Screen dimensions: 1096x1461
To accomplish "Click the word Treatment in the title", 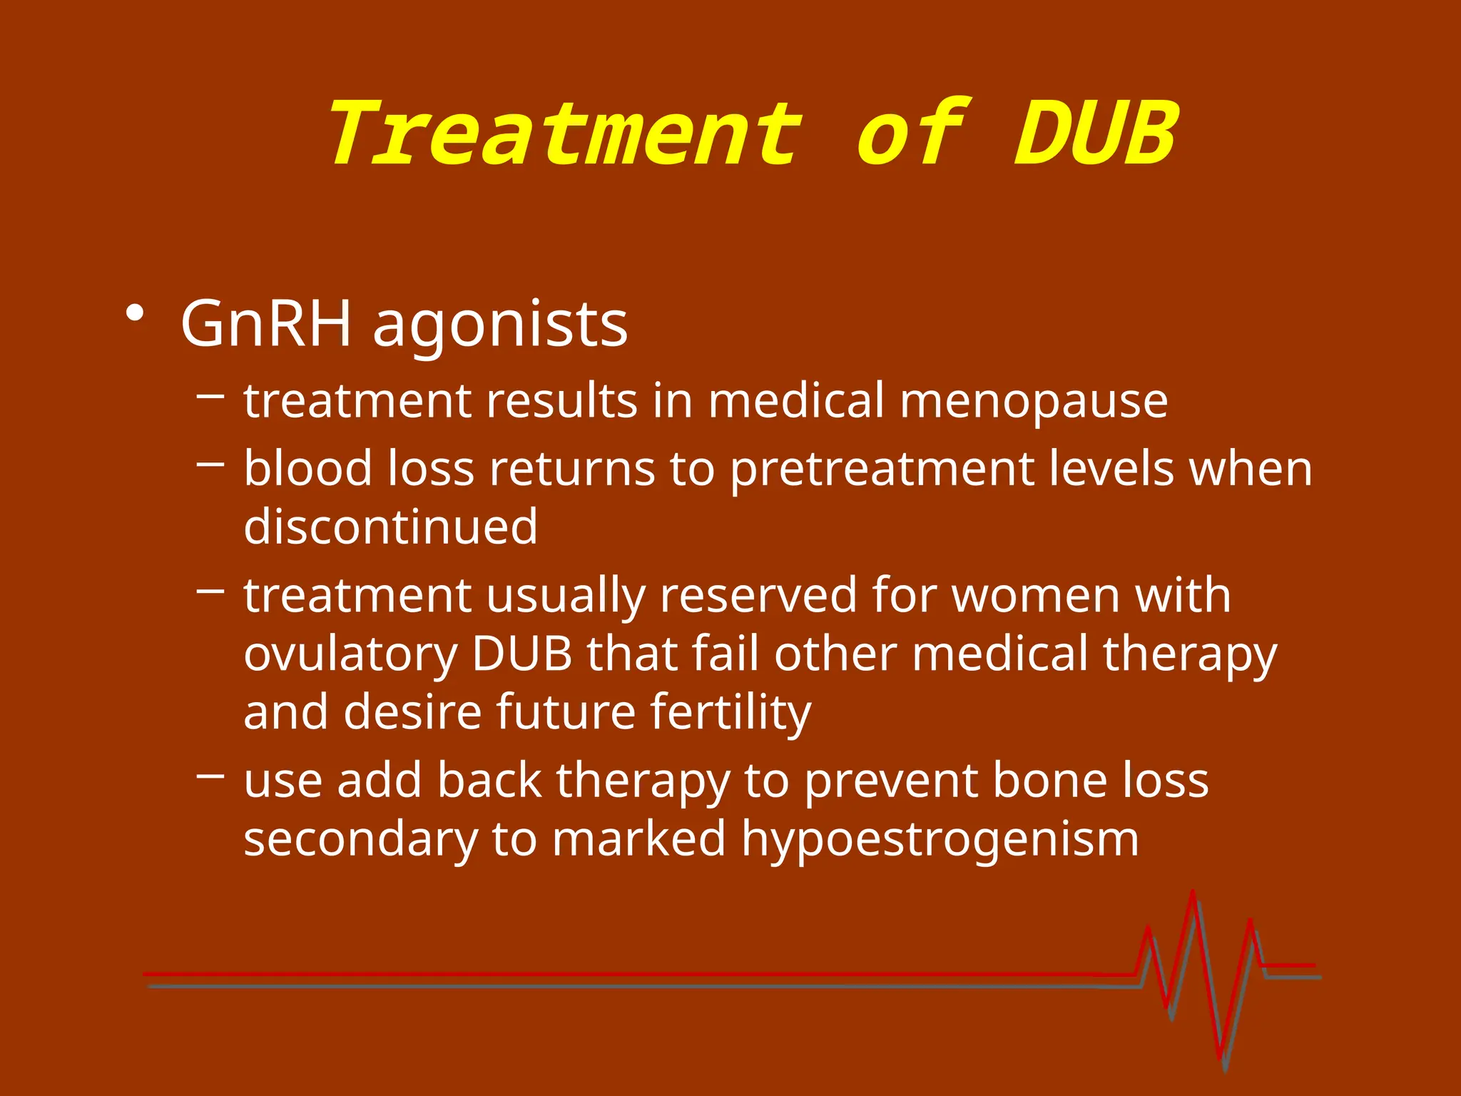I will [564, 134].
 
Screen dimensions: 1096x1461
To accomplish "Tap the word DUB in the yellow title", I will [1096, 134].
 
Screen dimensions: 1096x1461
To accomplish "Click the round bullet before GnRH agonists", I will [134, 314].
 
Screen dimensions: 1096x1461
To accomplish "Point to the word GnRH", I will [266, 325].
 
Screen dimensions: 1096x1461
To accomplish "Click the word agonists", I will [500, 327].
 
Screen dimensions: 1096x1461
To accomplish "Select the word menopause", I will [1034, 402].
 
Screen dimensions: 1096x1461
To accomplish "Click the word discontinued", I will [390, 527].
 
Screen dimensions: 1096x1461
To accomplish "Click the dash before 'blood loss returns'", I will [210, 465].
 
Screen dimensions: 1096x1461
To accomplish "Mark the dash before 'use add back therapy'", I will [210, 776].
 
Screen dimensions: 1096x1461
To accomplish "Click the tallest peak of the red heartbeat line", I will [1192, 893].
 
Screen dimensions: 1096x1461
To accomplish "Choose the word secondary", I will [360, 839].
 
